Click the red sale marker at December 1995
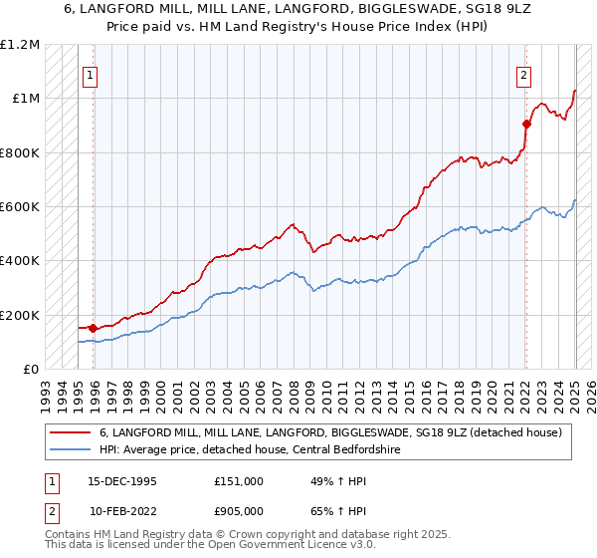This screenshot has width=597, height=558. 93,327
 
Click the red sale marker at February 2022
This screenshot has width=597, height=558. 526,124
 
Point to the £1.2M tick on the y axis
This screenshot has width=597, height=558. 20,45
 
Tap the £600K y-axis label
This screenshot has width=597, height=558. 20,207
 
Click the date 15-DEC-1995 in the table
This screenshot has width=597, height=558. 123,480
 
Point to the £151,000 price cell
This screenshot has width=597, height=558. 238,480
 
